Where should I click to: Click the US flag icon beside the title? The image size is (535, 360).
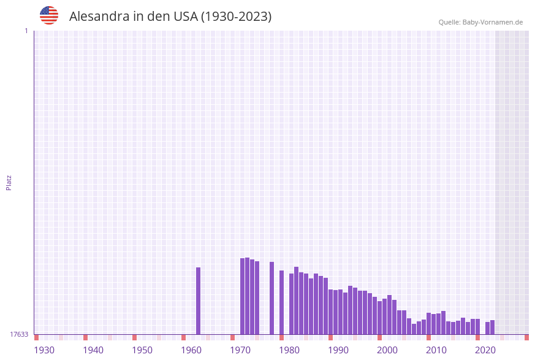click(x=49, y=15)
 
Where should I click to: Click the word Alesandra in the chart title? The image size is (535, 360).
click(x=99, y=17)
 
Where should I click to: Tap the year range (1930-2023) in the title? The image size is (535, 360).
click(x=236, y=17)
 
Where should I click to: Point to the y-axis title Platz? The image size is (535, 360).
click(x=9, y=183)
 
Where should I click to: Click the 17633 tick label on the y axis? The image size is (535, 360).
click(x=19, y=334)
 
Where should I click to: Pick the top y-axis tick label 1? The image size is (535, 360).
click(x=26, y=31)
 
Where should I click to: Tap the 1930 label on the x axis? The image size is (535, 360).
click(x=44, y=350)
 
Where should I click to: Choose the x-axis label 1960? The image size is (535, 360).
click(x=191, y=350)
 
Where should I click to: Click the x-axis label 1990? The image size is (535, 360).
click(x=338, y=350)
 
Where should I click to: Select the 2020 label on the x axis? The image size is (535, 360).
click(x=485, y=350)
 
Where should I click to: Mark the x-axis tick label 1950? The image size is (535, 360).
click(x=142, y=350)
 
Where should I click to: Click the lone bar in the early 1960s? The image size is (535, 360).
click(x=198, y=301)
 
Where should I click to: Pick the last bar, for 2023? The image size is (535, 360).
click(x=492, y=327)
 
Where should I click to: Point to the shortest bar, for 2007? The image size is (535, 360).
click(x=414, y=329)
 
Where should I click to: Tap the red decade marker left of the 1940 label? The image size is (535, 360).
click(x=85, y=337)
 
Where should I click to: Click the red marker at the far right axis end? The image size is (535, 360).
click(x=526, y=337)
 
